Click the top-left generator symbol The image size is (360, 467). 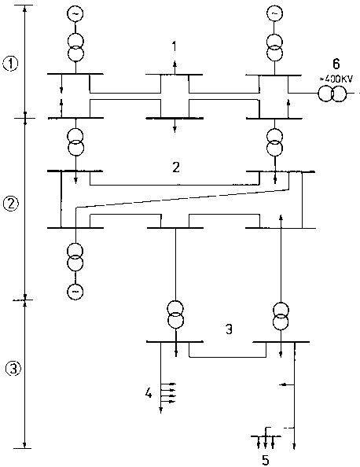(x=75, y=13)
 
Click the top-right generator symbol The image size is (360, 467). (x=274, y=13)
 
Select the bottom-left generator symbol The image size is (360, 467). (x=75, y=291)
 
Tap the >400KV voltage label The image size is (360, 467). (x=336, y=79)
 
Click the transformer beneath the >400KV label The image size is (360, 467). (x=332, y=94)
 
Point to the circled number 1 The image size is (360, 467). (x=10, y=64)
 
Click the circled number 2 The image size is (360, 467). (x=10, y=204)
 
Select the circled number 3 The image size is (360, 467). (x=13, y=369)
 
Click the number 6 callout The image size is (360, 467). (x=336, y=64)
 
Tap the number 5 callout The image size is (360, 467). (x=266, y=460)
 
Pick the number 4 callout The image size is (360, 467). (x=149, y=393)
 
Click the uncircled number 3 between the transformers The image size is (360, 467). (x=229, y=329)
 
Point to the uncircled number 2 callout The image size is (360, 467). (x=176, y=167)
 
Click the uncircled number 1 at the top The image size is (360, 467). (x=174, y=46)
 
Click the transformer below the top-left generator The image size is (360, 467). (x=75, y=47)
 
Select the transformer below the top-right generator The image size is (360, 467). (x=274, y=47)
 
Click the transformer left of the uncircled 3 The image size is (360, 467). (x=175, y=314)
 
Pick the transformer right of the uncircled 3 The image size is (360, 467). (x=281, y=316)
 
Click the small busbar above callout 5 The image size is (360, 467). (x=266, y=436)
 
